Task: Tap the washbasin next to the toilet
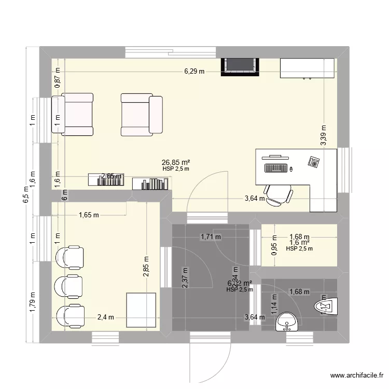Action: point(287,322)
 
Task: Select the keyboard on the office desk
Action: point(276,168)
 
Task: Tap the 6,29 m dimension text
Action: point(194,72)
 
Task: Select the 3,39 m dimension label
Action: point(324,136)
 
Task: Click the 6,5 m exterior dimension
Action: point(24,196)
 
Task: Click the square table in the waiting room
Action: point(141,310)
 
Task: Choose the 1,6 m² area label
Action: point(299,242)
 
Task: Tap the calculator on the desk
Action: point(314,161)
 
